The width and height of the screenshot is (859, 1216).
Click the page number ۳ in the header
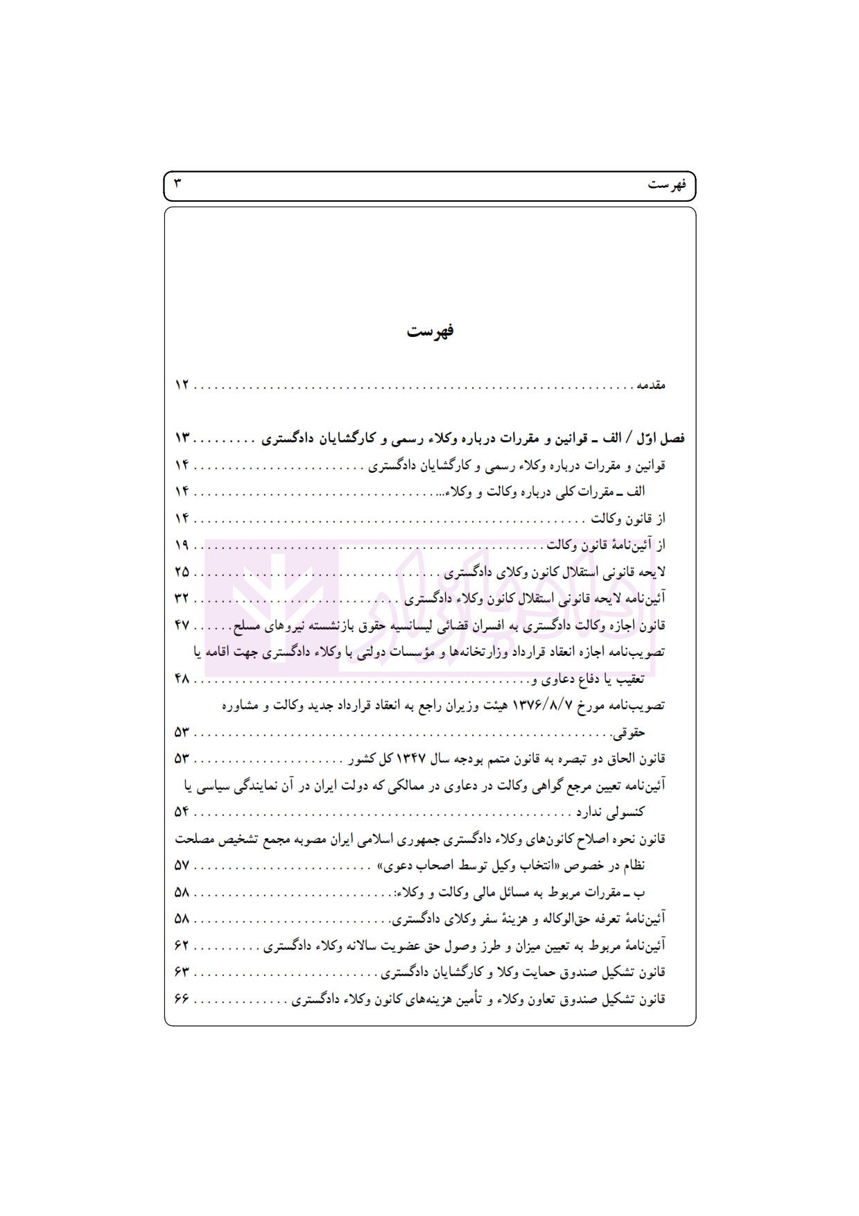click(177, 184)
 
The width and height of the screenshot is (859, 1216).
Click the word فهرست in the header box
click(666, 184)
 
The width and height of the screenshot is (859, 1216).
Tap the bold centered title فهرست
click(430, 331)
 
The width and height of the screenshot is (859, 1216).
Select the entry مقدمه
click(651, 385)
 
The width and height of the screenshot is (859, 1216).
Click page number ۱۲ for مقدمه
click(182, 385)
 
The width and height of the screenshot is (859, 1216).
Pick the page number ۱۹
click(182, 546)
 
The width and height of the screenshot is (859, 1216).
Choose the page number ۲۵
click(182, 572)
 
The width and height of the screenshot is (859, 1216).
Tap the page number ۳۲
click(182, 598)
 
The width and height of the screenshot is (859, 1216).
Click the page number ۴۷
click(182, 625)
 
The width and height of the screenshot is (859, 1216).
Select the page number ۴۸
click(182, 679)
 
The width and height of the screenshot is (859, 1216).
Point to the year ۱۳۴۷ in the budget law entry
click(410, 759)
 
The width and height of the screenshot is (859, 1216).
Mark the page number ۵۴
click(182, 812)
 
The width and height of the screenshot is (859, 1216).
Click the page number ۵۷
click(182, 866)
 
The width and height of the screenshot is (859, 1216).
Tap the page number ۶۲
click(182, 946)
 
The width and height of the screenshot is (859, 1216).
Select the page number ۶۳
click(182, 973)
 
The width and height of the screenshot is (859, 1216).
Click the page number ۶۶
click(182, 999)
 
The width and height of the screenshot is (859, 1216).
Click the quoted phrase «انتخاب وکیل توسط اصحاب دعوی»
click(468, 866)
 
